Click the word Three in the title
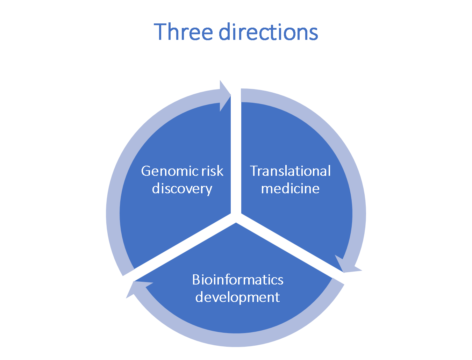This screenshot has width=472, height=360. pos(183,31)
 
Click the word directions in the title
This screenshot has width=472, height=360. pos(268,31)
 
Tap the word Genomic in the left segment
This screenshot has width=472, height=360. pos(170,172)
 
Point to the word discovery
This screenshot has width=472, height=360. pos(182,189)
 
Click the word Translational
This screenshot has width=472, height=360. pos(290,171)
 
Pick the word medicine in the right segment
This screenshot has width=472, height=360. pos(290,189)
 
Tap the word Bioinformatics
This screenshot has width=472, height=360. pos(238,280)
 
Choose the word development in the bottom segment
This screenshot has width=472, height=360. pos(237,297)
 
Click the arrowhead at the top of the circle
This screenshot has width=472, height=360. pos(225,96)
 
